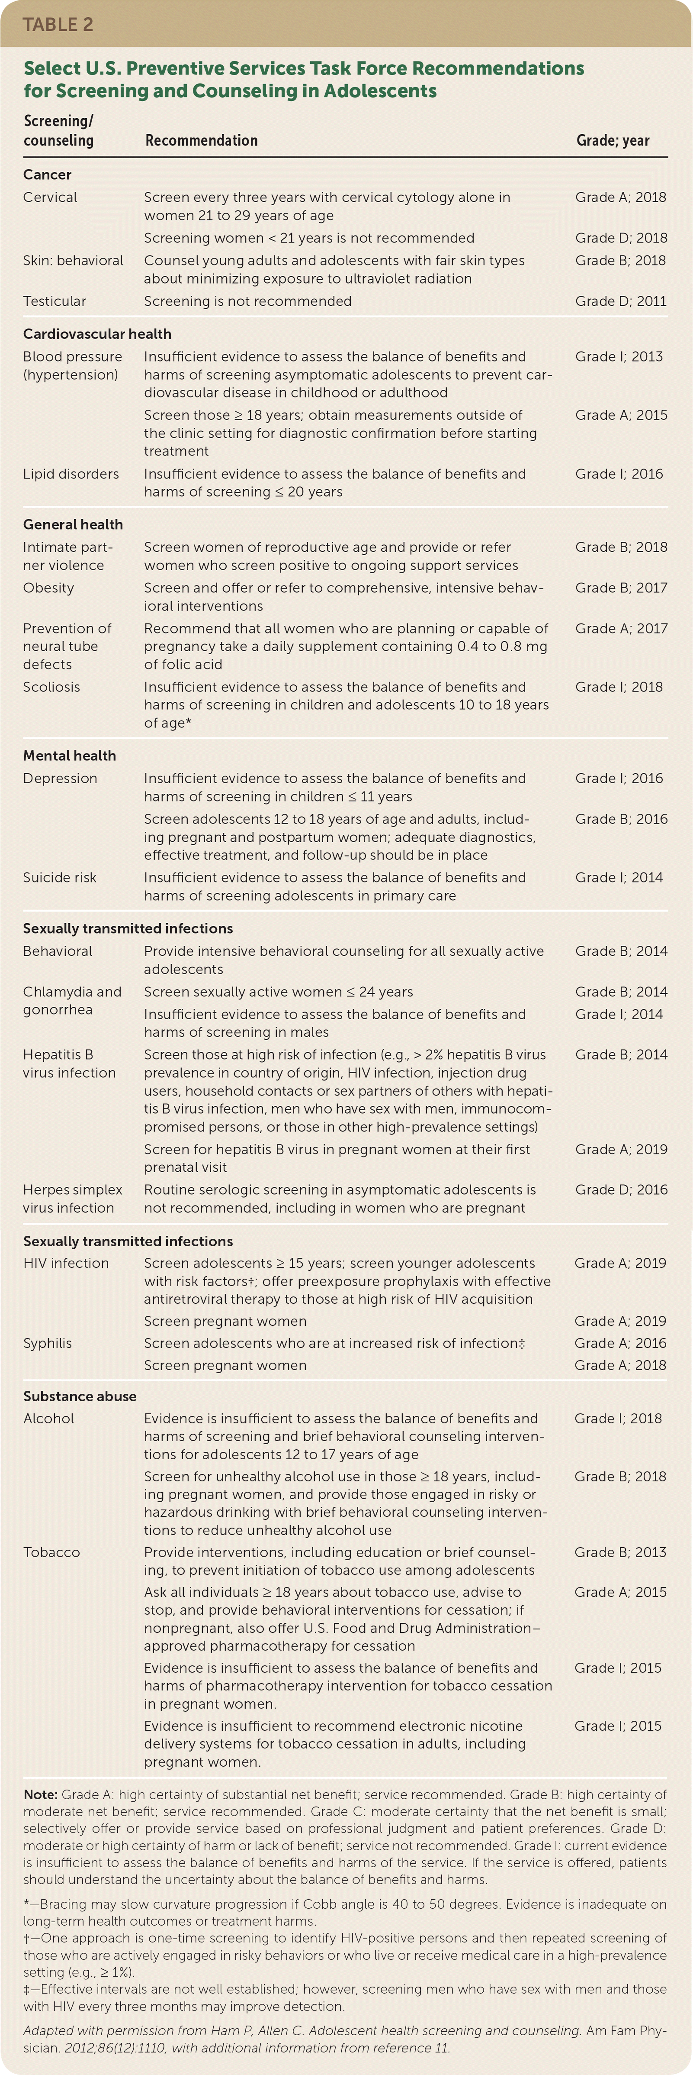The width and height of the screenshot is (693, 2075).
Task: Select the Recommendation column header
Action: point(201,140)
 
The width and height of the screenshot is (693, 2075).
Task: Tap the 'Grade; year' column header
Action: point(613,140)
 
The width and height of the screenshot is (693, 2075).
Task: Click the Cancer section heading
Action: point(48,175)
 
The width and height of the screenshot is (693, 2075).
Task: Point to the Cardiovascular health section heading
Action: point(96,333)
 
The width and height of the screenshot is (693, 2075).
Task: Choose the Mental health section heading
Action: point(69,756)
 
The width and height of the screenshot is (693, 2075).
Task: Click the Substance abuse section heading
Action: point(80,1396)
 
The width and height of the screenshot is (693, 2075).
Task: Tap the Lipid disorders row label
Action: point(71,474)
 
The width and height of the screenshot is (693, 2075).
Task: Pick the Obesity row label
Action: point(48,588)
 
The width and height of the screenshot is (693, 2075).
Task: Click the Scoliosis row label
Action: point(51,687)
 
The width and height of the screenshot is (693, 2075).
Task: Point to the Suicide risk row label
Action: point(60,877)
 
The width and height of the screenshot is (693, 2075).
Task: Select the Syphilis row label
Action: point(48,1343)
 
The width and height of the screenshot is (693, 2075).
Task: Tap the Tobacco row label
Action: point(51,1552)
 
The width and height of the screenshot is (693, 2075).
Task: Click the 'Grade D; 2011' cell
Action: point(621,301)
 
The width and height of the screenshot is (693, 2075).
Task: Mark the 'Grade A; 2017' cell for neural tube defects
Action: point(621,628)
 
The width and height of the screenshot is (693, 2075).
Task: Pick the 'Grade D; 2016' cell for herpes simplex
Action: point(621,1190)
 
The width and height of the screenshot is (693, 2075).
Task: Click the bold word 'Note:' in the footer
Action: point(40,1795)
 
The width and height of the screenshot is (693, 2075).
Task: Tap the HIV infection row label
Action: point(66,1263)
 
